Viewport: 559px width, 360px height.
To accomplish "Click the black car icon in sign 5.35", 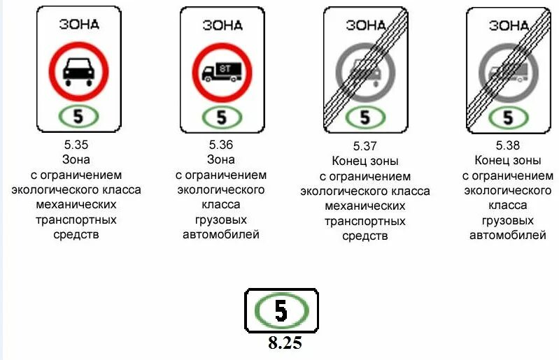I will (77, 71).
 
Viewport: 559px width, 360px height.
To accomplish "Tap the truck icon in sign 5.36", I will (221, 71).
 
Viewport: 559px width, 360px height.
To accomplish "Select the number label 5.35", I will (76, 145).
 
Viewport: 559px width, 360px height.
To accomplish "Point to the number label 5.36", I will (221, 145).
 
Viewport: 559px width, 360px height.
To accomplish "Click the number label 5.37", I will (365, 147).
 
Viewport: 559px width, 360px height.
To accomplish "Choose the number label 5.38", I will (508, 145).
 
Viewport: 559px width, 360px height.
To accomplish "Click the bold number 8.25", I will (285, 343).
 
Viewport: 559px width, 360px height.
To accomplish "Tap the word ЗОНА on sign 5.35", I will (79, 24).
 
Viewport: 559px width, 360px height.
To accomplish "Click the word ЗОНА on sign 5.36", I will (222, 25).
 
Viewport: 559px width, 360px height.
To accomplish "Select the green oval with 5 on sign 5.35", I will (78, 117).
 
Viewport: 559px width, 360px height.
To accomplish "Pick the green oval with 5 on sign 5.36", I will (222, 117).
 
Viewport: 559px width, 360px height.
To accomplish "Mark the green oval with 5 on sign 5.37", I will (365, 117).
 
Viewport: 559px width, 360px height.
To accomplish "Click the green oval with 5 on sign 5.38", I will (508, 117).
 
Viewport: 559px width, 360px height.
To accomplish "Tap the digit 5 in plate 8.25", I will (281, 310).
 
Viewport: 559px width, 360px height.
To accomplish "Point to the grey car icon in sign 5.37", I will (365, 72).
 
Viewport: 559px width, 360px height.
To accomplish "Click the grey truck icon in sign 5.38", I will (508, 72).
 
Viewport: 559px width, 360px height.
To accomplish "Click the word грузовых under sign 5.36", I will (221, 219).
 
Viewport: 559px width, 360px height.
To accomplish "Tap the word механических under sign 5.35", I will (76, 205).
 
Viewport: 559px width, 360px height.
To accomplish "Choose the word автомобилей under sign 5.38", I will (508, 236).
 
